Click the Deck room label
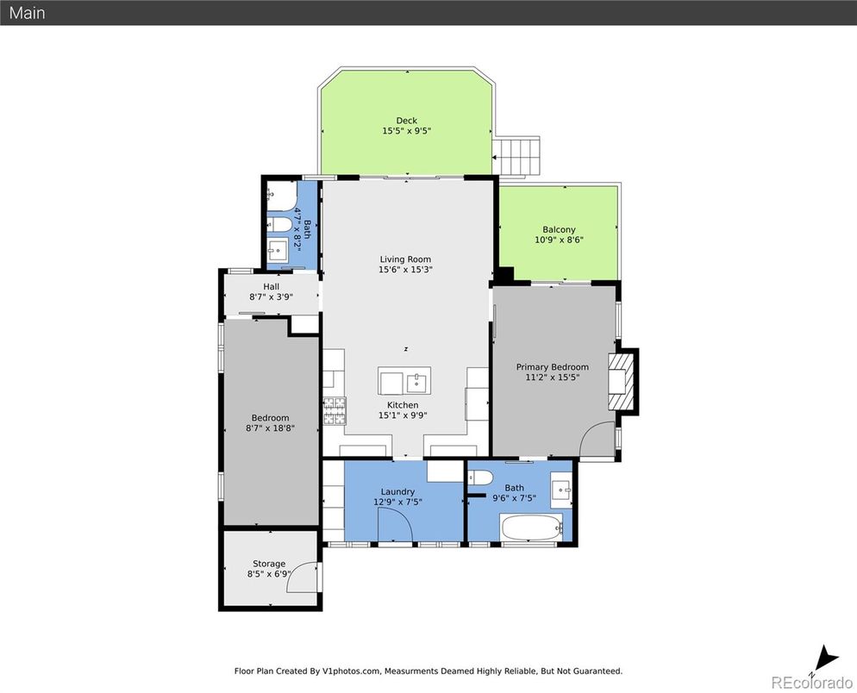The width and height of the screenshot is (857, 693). pos(407,120)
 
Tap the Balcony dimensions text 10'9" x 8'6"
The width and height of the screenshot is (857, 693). pos(559,240)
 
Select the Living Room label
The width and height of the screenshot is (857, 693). pos(405,259)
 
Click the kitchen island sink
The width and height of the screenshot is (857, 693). pos(417,380)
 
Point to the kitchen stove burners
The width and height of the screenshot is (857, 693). pos(335,411)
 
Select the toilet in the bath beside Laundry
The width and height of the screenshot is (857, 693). pos(480,478)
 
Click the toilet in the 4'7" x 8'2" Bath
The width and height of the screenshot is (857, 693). pos(279,224)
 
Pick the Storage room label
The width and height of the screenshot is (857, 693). pos(269,564)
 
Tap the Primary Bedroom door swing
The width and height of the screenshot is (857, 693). pos(597,439)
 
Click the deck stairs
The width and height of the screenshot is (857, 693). pos(516,156)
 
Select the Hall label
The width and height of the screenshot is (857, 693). pos(271,286)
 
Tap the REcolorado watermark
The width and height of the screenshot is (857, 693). pos(811,682)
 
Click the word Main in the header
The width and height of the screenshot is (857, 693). pos(27,13)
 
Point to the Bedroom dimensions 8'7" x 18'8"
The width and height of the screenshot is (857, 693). pos(270,428)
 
